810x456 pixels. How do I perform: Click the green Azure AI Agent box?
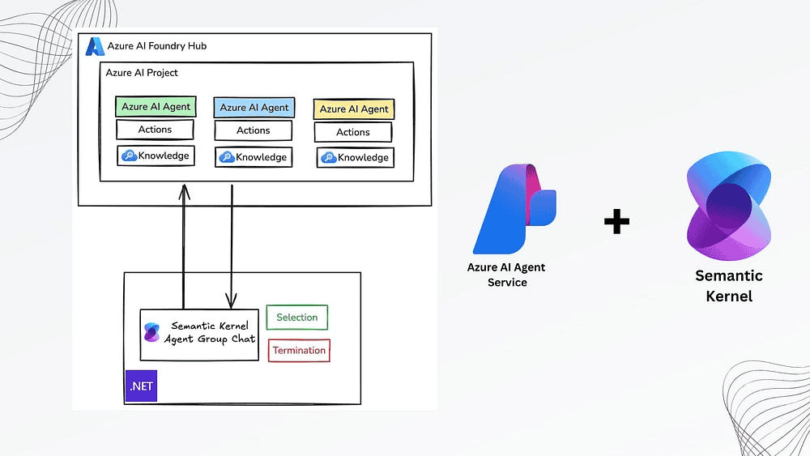pyautogui.click(x=156, y=107)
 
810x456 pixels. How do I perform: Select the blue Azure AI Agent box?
pyautogui.click(x=254, y=108)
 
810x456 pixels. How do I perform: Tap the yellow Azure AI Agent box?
pyautogui.click(x=353, y=109)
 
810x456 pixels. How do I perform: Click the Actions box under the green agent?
pyautogui.click(x=155, y=130)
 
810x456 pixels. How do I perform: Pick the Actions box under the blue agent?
pyautogui.click(x=253, y=130)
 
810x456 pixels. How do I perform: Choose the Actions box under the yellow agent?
pyautogui.click(x=352, y=132)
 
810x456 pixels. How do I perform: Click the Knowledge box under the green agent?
pyautogui.click(x=156, y=156)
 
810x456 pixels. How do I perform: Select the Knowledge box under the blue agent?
pyautogui.click(x=254, y=156)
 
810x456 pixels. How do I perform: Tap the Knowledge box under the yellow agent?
pyautogui.click(x=355, y=158)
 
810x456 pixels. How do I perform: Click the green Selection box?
pyautogui.click(x=296, y=317)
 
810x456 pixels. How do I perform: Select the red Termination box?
pyautogui.click(x=299, y=351)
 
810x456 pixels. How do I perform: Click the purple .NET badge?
pyautogui.click(x=140, y=386)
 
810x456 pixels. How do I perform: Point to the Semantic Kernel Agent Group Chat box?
pyautogui.click(x=199, y=334)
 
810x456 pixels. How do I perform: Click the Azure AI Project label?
pyautogui.click(x=142, y=73)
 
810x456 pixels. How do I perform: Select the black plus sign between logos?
pyautogui.click(x=616, y=221)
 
